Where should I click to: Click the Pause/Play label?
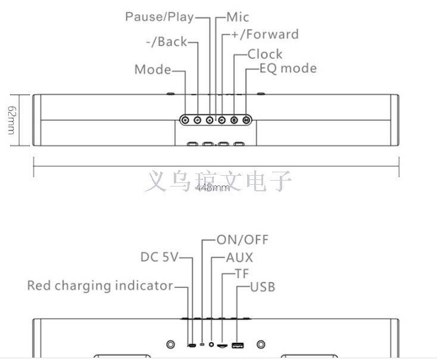[159, 17]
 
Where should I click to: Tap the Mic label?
[238, 17]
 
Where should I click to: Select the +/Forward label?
[265, 35]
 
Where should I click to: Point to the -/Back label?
[166, 42]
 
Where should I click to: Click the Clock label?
[265, 54]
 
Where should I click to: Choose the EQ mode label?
[288, 68]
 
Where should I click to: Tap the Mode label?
[152, 70]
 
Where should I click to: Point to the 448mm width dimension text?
[213, 188]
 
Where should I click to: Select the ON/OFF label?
[242, 240]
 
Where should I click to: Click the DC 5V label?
[159, 257]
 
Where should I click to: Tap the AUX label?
[239, 257]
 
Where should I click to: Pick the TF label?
[242, 274]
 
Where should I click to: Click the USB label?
[262, 287]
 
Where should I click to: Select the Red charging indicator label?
[100, 286]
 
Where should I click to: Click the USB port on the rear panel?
[238, 345]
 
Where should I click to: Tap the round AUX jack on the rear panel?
[212, 345]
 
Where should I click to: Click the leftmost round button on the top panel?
[185, 120]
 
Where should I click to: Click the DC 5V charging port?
[192, 345]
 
